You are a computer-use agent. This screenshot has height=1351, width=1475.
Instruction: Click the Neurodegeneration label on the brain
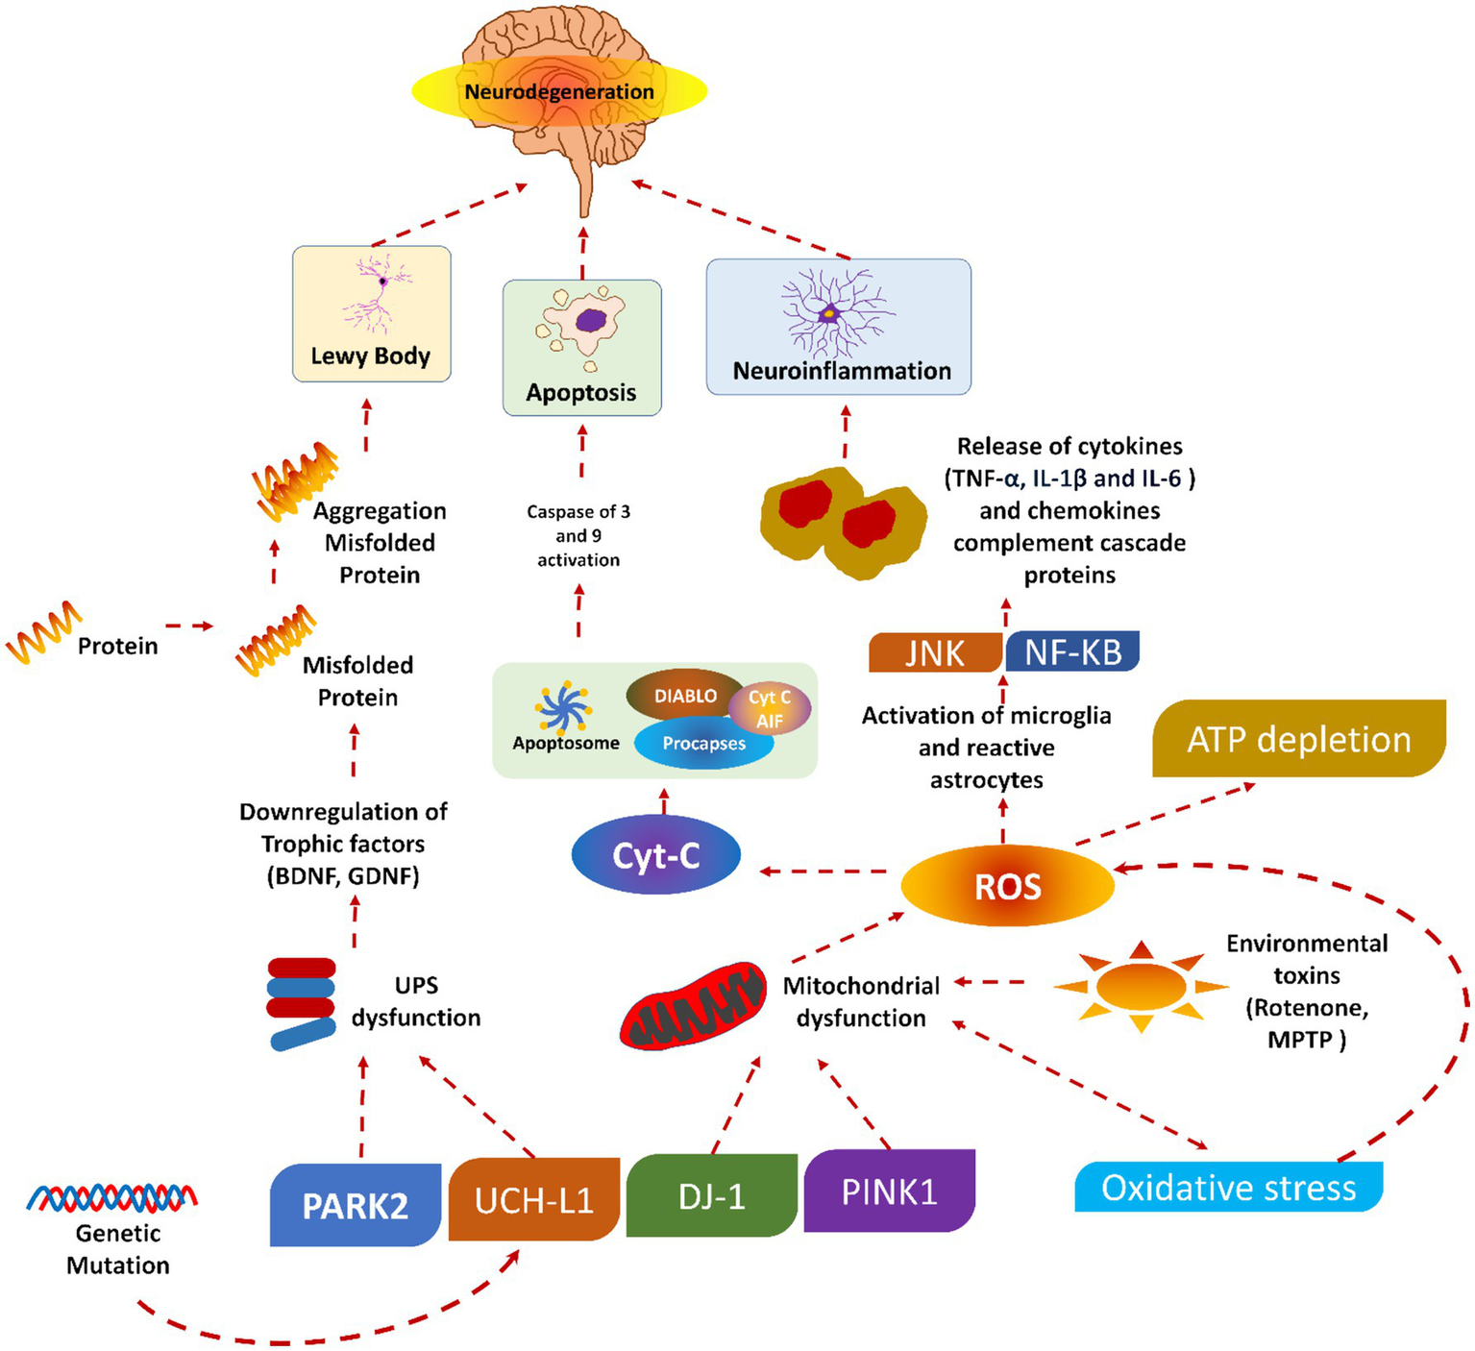(559, 92)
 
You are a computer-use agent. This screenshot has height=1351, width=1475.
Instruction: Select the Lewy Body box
(371, 313)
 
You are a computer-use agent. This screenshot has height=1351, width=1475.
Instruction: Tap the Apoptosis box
(581, 347)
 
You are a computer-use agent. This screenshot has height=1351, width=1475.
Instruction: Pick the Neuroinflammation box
(839, 326)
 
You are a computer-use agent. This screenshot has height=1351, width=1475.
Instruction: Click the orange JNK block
(935, 652)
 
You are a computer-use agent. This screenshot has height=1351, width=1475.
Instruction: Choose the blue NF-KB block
(1072, 651)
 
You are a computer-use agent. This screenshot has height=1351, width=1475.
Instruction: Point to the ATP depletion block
(1299, 739)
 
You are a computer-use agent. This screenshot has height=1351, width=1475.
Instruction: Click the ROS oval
(1007, 886)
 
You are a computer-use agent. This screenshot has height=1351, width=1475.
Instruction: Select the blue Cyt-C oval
(656, 855)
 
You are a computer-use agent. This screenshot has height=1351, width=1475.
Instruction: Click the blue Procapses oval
(703, 745)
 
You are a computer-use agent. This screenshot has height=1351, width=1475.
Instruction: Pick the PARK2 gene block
(356, 1205)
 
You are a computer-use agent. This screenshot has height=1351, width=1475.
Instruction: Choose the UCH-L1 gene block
(534, 1199)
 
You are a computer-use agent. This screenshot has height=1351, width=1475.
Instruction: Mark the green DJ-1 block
(711, 1195)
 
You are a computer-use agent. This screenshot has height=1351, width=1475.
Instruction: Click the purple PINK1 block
(889, 1191)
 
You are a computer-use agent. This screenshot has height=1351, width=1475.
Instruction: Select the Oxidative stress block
(1228, 1188)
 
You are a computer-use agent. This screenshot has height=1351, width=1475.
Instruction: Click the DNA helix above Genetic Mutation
(112, 1197)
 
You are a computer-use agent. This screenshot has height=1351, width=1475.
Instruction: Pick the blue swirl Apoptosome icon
(563, 709)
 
